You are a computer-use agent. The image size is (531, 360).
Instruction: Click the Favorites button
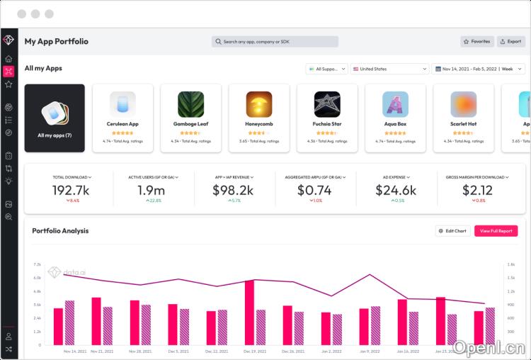pyautogui.click(x=477, y=42)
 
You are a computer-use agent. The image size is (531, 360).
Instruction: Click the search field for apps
pyautogui.click(x=275, y=42)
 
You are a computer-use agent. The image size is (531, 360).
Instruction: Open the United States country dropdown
pyautogui.click(x=389, y=69)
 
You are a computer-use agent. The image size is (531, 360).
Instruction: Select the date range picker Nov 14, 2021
pyautogui.click(x=474, y=69)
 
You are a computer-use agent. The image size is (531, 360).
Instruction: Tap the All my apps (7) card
pyautogui.click(x=55, y=118)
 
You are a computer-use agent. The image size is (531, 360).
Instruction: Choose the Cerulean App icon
pyautogui.click(x=122, y=104)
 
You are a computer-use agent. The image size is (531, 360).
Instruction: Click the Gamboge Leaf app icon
pyautogui.click(x=190, y=104)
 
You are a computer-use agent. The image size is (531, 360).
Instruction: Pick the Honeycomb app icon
pyautogui.click(x=258, y=104)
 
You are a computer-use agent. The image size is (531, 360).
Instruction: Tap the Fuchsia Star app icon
pyautogui.click(x=326, y=104)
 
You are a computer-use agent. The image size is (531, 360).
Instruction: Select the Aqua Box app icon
pyautogui.click(x=395, y=104)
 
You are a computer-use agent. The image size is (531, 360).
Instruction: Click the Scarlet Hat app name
pyautogui.click(x=463, y=124)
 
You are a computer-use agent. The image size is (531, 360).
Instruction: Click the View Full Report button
pyautogui.click(x=496, y=231)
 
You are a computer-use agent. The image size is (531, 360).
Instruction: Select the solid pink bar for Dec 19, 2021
pyautogui.click(x=249, y=313)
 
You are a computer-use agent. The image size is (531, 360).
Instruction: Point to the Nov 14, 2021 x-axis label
pyautogui.click(x=74, y=351)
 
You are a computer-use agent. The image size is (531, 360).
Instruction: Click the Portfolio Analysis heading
pyautogui.click(x=60, y=231)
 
